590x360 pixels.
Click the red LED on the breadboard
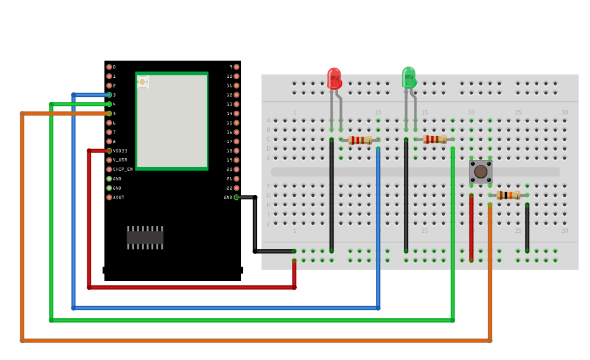[334, 78]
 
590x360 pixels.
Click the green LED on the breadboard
[409, 78]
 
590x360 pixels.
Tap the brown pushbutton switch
[480, 171]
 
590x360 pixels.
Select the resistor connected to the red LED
[360, 140]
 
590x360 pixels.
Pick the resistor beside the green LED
[434, 139]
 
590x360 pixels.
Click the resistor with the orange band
[508, 195]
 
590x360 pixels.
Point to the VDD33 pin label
[120, 151]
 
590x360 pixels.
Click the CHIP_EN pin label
[123, 169]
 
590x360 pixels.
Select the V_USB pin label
[120, 160]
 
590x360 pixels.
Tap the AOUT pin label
[118, 197]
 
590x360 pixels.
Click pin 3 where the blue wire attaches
[109, 95]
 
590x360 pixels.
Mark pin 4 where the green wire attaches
[109, 104]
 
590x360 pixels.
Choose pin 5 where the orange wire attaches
[109, 113]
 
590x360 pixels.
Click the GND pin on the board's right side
[236, 197]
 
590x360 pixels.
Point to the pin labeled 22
[236, 188]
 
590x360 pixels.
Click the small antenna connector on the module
[142, 82]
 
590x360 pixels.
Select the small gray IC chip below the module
[145, 237]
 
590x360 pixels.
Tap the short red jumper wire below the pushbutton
[471, 228]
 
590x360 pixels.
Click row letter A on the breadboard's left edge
[268, 120]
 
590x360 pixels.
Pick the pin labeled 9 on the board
[236, 66]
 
